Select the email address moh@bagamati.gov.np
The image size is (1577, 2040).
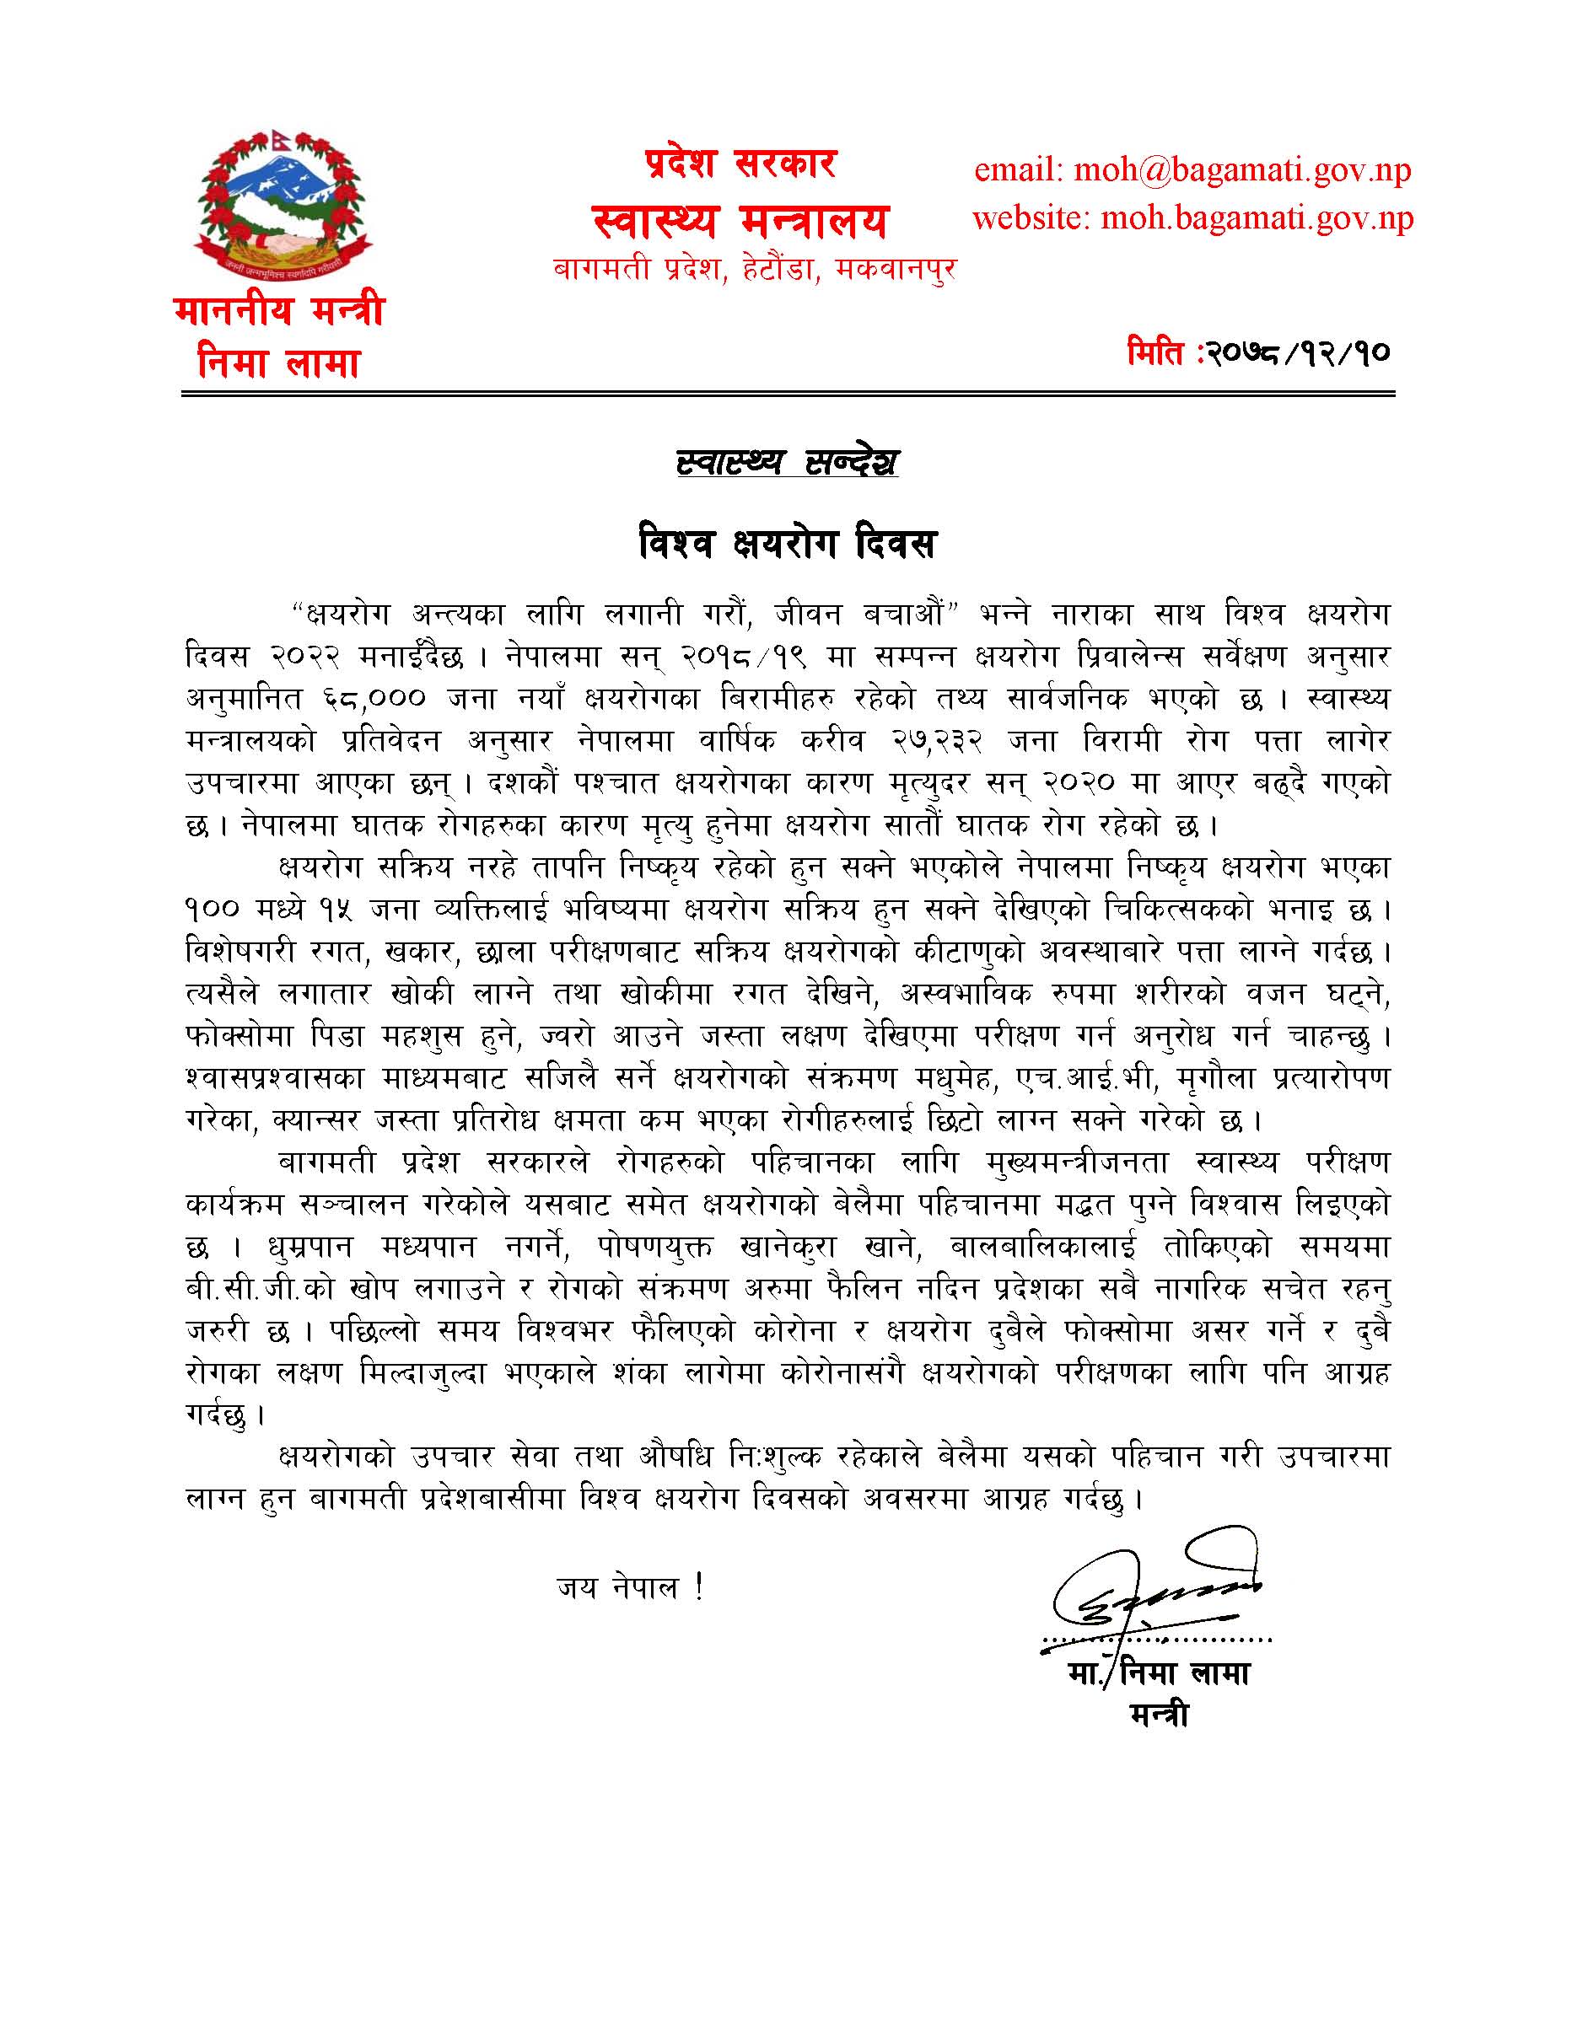point(1192,170)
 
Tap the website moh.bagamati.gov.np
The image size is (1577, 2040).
point(1192,218)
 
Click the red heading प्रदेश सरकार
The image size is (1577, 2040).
point(740,164)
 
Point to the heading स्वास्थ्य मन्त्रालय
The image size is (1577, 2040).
point(739,222)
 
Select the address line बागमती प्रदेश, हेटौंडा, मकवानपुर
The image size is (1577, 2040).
point(755,270)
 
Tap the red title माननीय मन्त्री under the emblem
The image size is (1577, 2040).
point(279,310)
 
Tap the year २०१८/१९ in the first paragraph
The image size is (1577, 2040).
point(743,657)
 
